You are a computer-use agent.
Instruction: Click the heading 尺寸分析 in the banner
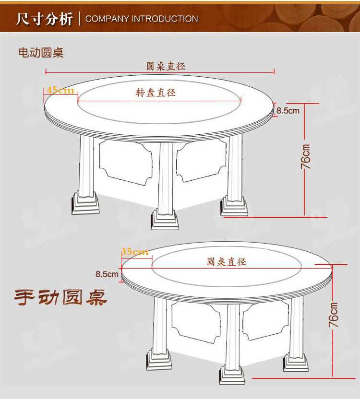[x=44, y=19]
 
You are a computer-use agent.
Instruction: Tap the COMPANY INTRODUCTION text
[x=142, y=19]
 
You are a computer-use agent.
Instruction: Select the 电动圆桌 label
[x=41, y=53]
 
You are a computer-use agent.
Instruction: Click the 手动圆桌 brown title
[x=60, y=298]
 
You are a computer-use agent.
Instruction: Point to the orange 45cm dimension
[x=60, y=90]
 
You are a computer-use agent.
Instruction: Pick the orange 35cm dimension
[x=134, y=252]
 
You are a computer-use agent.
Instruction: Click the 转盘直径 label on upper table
[x=156, y=93]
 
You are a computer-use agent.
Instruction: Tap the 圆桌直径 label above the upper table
[x=166, y=66]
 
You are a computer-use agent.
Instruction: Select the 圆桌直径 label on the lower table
[x=227, y=262]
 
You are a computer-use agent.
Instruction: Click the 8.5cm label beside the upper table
[x=288, y=111]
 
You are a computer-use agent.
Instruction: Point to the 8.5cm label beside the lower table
[x=107, y=274]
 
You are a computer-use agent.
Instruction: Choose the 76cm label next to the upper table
[x=306, y=156]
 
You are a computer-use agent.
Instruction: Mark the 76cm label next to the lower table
[x=333, y=315]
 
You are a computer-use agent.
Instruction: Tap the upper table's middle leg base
[x=165, y=220]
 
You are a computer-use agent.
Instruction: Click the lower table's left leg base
[x=159, y=359]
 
